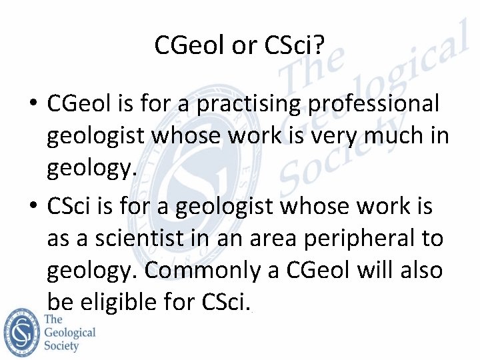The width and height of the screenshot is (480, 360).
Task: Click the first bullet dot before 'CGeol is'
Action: tap(32, 105)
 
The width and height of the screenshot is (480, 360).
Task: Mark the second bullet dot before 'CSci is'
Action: tap(32, 207)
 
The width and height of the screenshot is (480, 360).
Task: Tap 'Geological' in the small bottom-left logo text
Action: tap(70, 332)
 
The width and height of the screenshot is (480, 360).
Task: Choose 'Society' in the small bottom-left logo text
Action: tap(61, 345)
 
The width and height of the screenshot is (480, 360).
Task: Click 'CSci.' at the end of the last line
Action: tap(226, 303)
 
